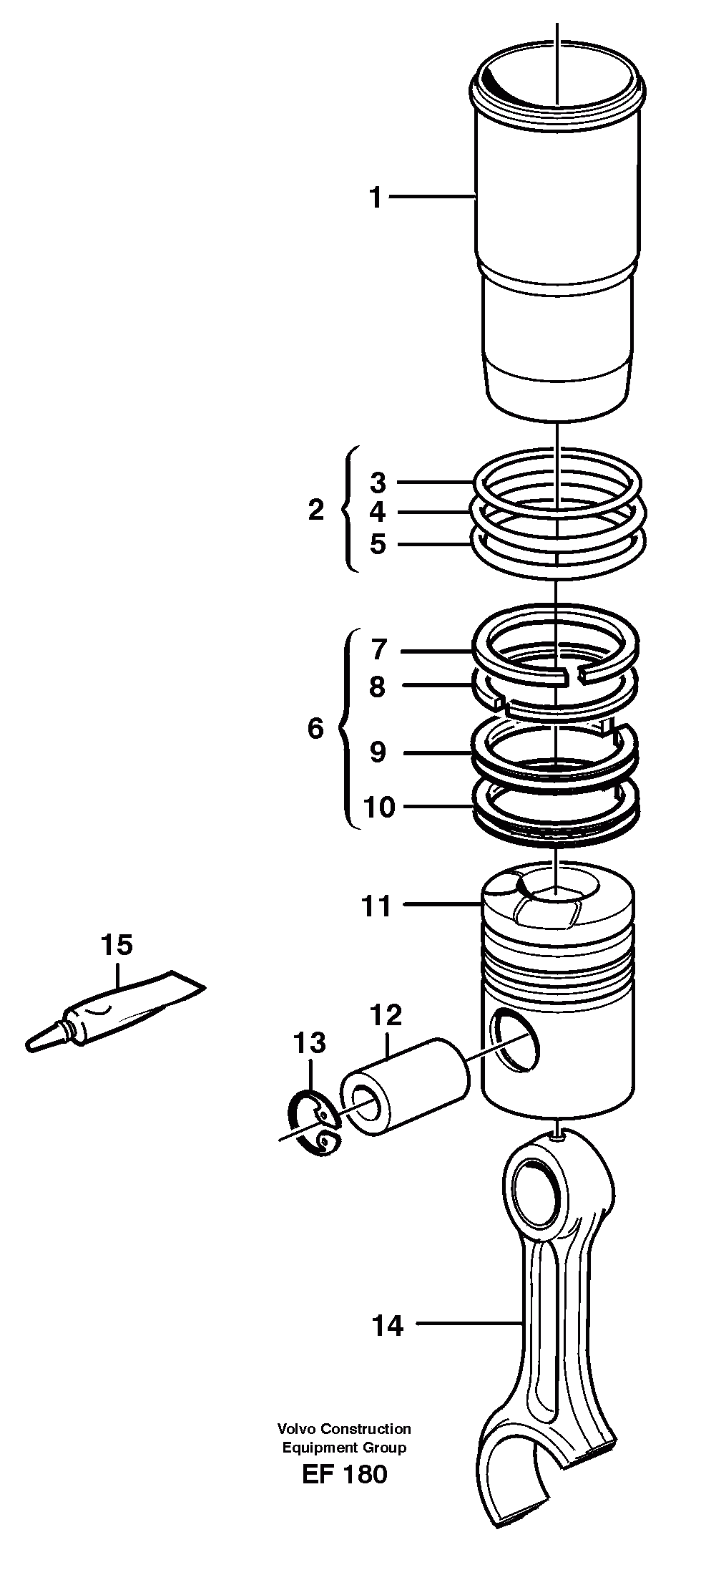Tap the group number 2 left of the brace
[x=315, y=511]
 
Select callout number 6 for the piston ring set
[x=315, y=729]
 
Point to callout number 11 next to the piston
[x=377, y=906]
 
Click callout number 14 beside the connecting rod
[x=388, y=1327]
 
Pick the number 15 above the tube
[x=117, y=945]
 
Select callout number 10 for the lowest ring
[x=379, y=808]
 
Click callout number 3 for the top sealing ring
[x=378, y=483]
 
